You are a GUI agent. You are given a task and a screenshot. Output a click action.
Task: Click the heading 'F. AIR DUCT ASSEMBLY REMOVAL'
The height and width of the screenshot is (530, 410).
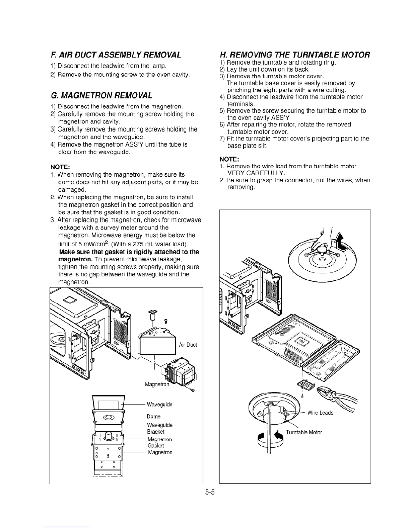116,55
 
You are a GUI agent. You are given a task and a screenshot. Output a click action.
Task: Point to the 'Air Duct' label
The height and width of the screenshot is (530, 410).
188,345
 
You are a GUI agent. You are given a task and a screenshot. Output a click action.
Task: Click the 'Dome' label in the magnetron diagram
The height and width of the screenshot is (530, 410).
153,417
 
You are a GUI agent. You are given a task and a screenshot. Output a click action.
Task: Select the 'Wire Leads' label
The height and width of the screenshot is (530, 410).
320,413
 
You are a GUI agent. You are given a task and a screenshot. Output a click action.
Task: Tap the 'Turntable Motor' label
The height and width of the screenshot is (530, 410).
304,432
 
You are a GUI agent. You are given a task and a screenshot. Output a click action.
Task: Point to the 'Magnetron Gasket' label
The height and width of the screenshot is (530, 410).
160,442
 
